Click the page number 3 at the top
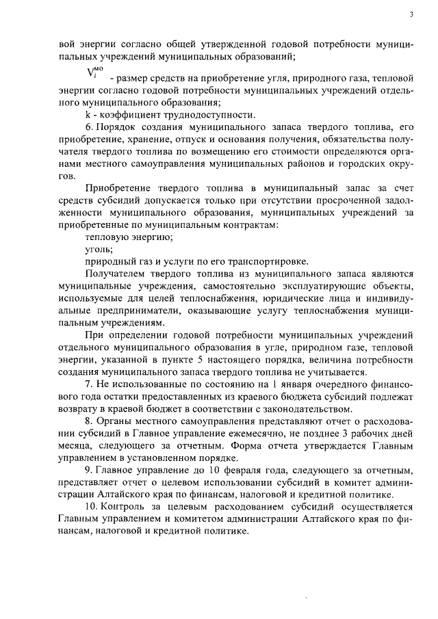(x=411, y=14)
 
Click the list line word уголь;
(x=97, y=250)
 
